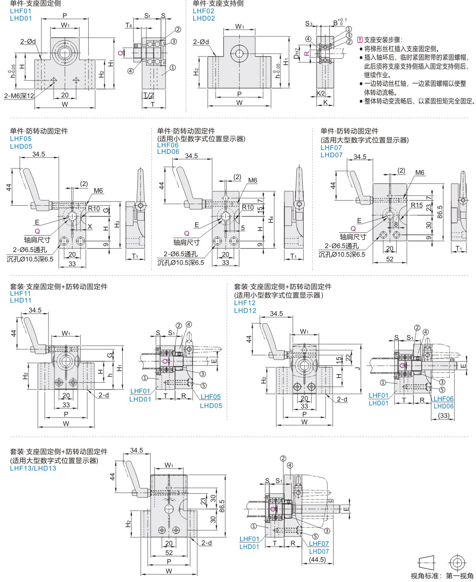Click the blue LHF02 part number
click(x=203, y=11)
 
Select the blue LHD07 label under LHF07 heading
click(x=331, y=155)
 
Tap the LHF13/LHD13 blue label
click(x=33, y=468)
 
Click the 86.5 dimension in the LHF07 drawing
click(x=440, y=211)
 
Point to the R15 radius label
click(x=416, y=205)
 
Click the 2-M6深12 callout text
click(x=19, y=96)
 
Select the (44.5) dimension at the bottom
click(x=317, y=559)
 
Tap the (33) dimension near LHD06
click(x=443, y=415)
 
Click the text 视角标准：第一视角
click(x=442, y=576)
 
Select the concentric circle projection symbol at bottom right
click(x=457, y=562)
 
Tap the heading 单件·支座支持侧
click(x=218, y=3)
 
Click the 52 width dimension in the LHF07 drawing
click(x=389, y=259)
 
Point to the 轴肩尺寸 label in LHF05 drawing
click(x=37, y=240)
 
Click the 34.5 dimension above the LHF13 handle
click(x=136, y=450)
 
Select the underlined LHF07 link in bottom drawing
click(x=319, y=544)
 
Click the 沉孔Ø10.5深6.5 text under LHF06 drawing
click(x=181, y=262)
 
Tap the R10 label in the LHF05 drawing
click(x=94, y=209)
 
